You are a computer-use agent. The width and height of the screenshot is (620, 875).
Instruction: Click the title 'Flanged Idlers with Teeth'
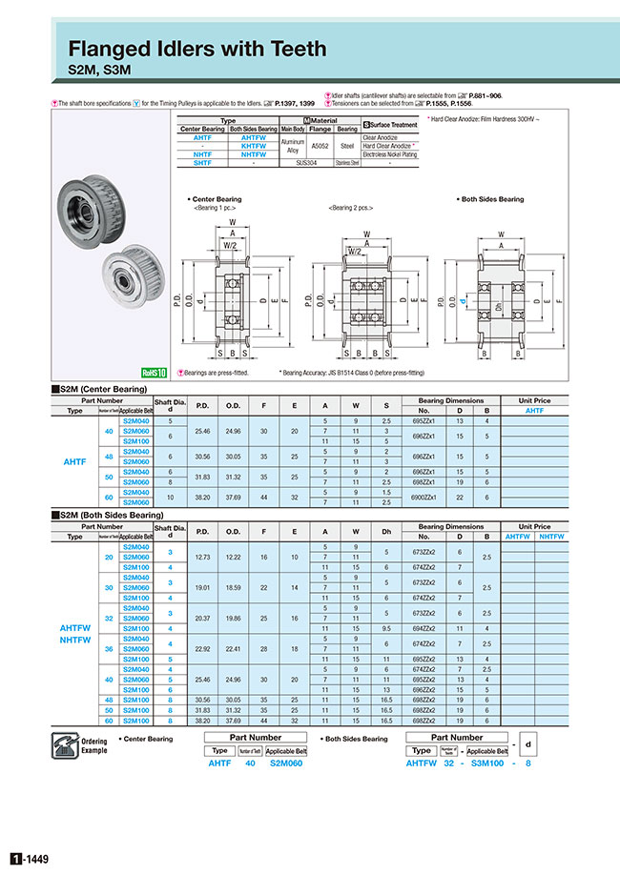tap(197, 48)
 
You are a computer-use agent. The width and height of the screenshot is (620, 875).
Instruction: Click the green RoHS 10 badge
tap(154, 374)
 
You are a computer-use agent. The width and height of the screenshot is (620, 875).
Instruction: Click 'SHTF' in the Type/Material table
tap(202, 163)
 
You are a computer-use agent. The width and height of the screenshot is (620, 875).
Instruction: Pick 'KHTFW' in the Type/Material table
tap(254, 145)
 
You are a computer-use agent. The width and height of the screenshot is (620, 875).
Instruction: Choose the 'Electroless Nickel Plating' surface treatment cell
tap(389, 153)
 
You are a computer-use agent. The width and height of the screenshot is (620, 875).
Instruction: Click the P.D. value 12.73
tap(202, 556)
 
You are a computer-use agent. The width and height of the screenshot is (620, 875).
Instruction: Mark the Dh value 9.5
tap(387, 628)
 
